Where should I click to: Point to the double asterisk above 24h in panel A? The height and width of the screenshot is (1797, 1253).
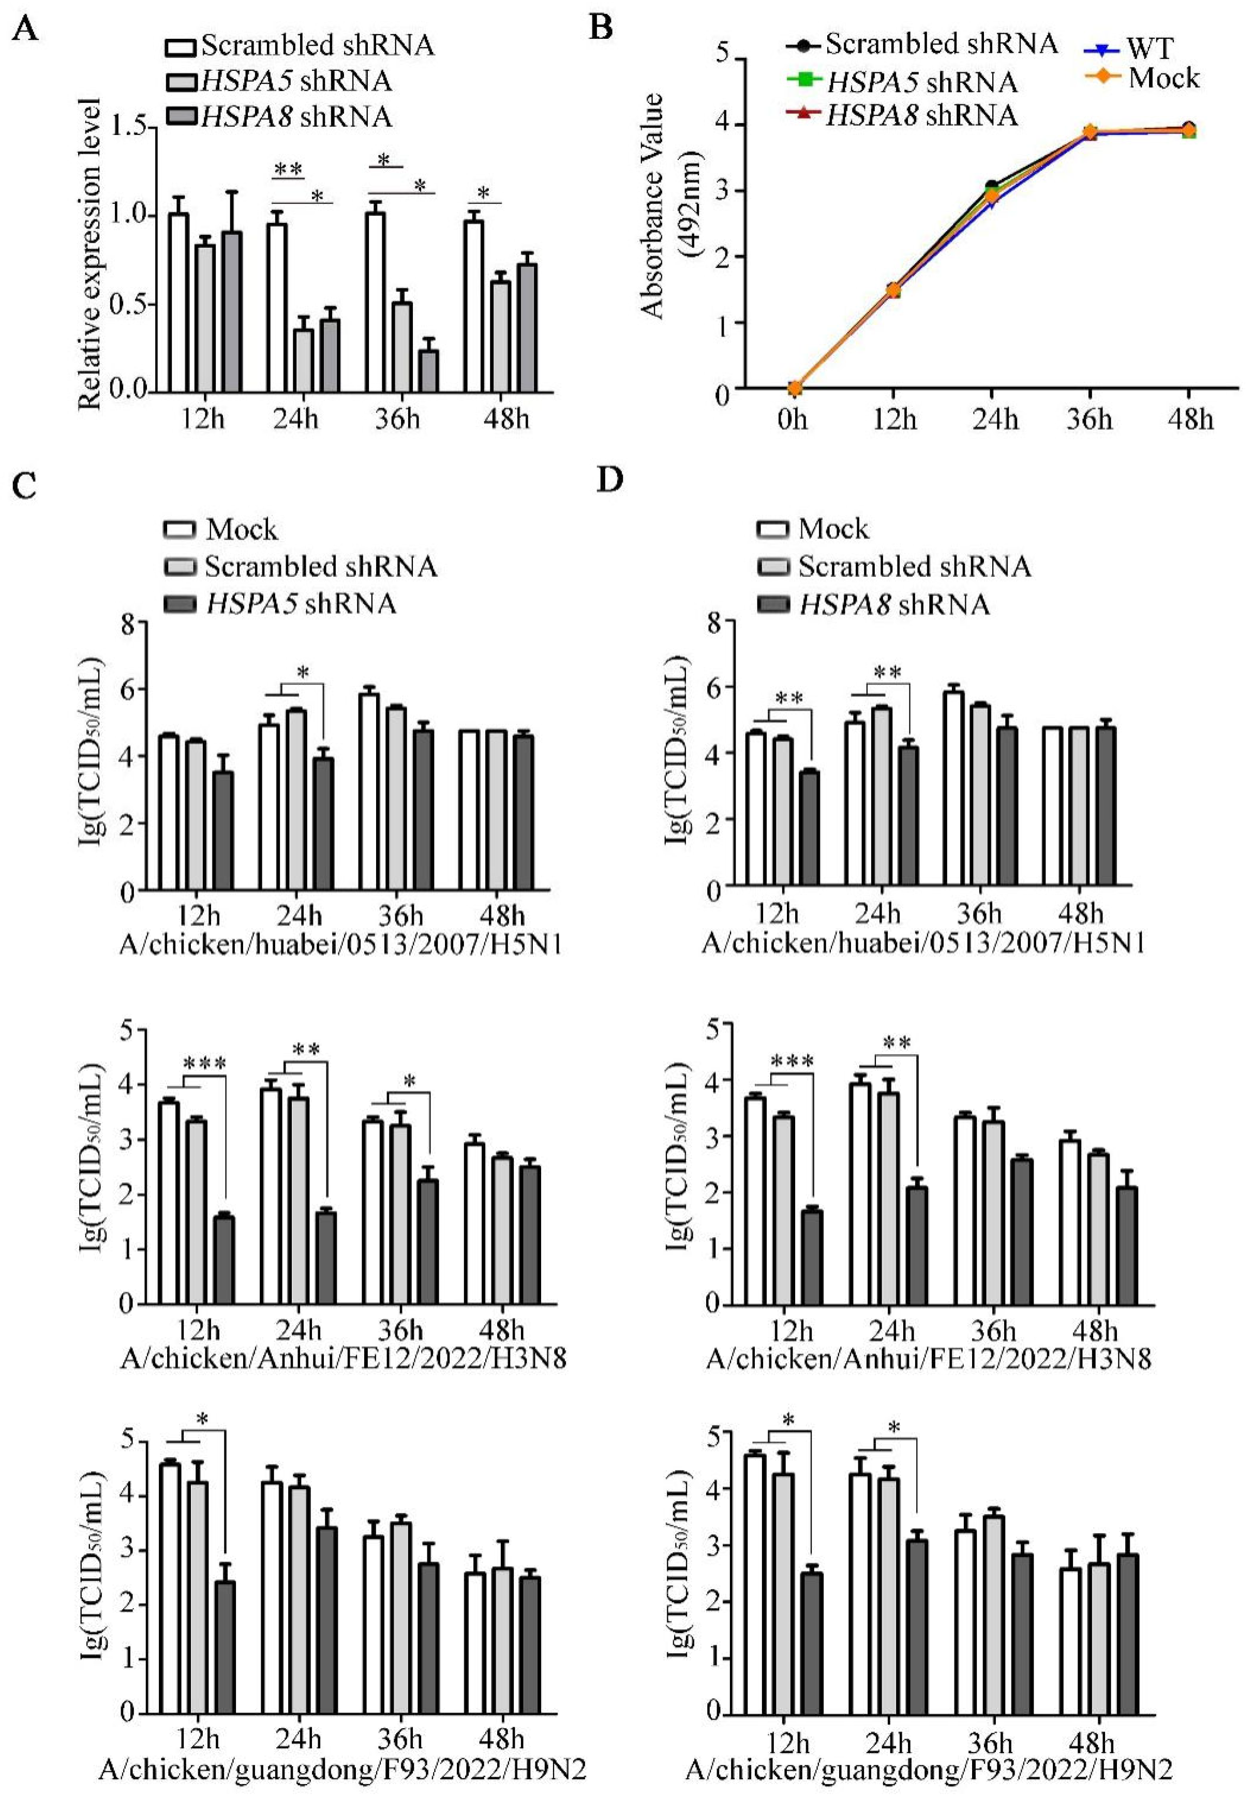288,169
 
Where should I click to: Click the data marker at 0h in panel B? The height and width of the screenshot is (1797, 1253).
794,388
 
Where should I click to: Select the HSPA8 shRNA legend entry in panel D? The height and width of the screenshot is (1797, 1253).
894,604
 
